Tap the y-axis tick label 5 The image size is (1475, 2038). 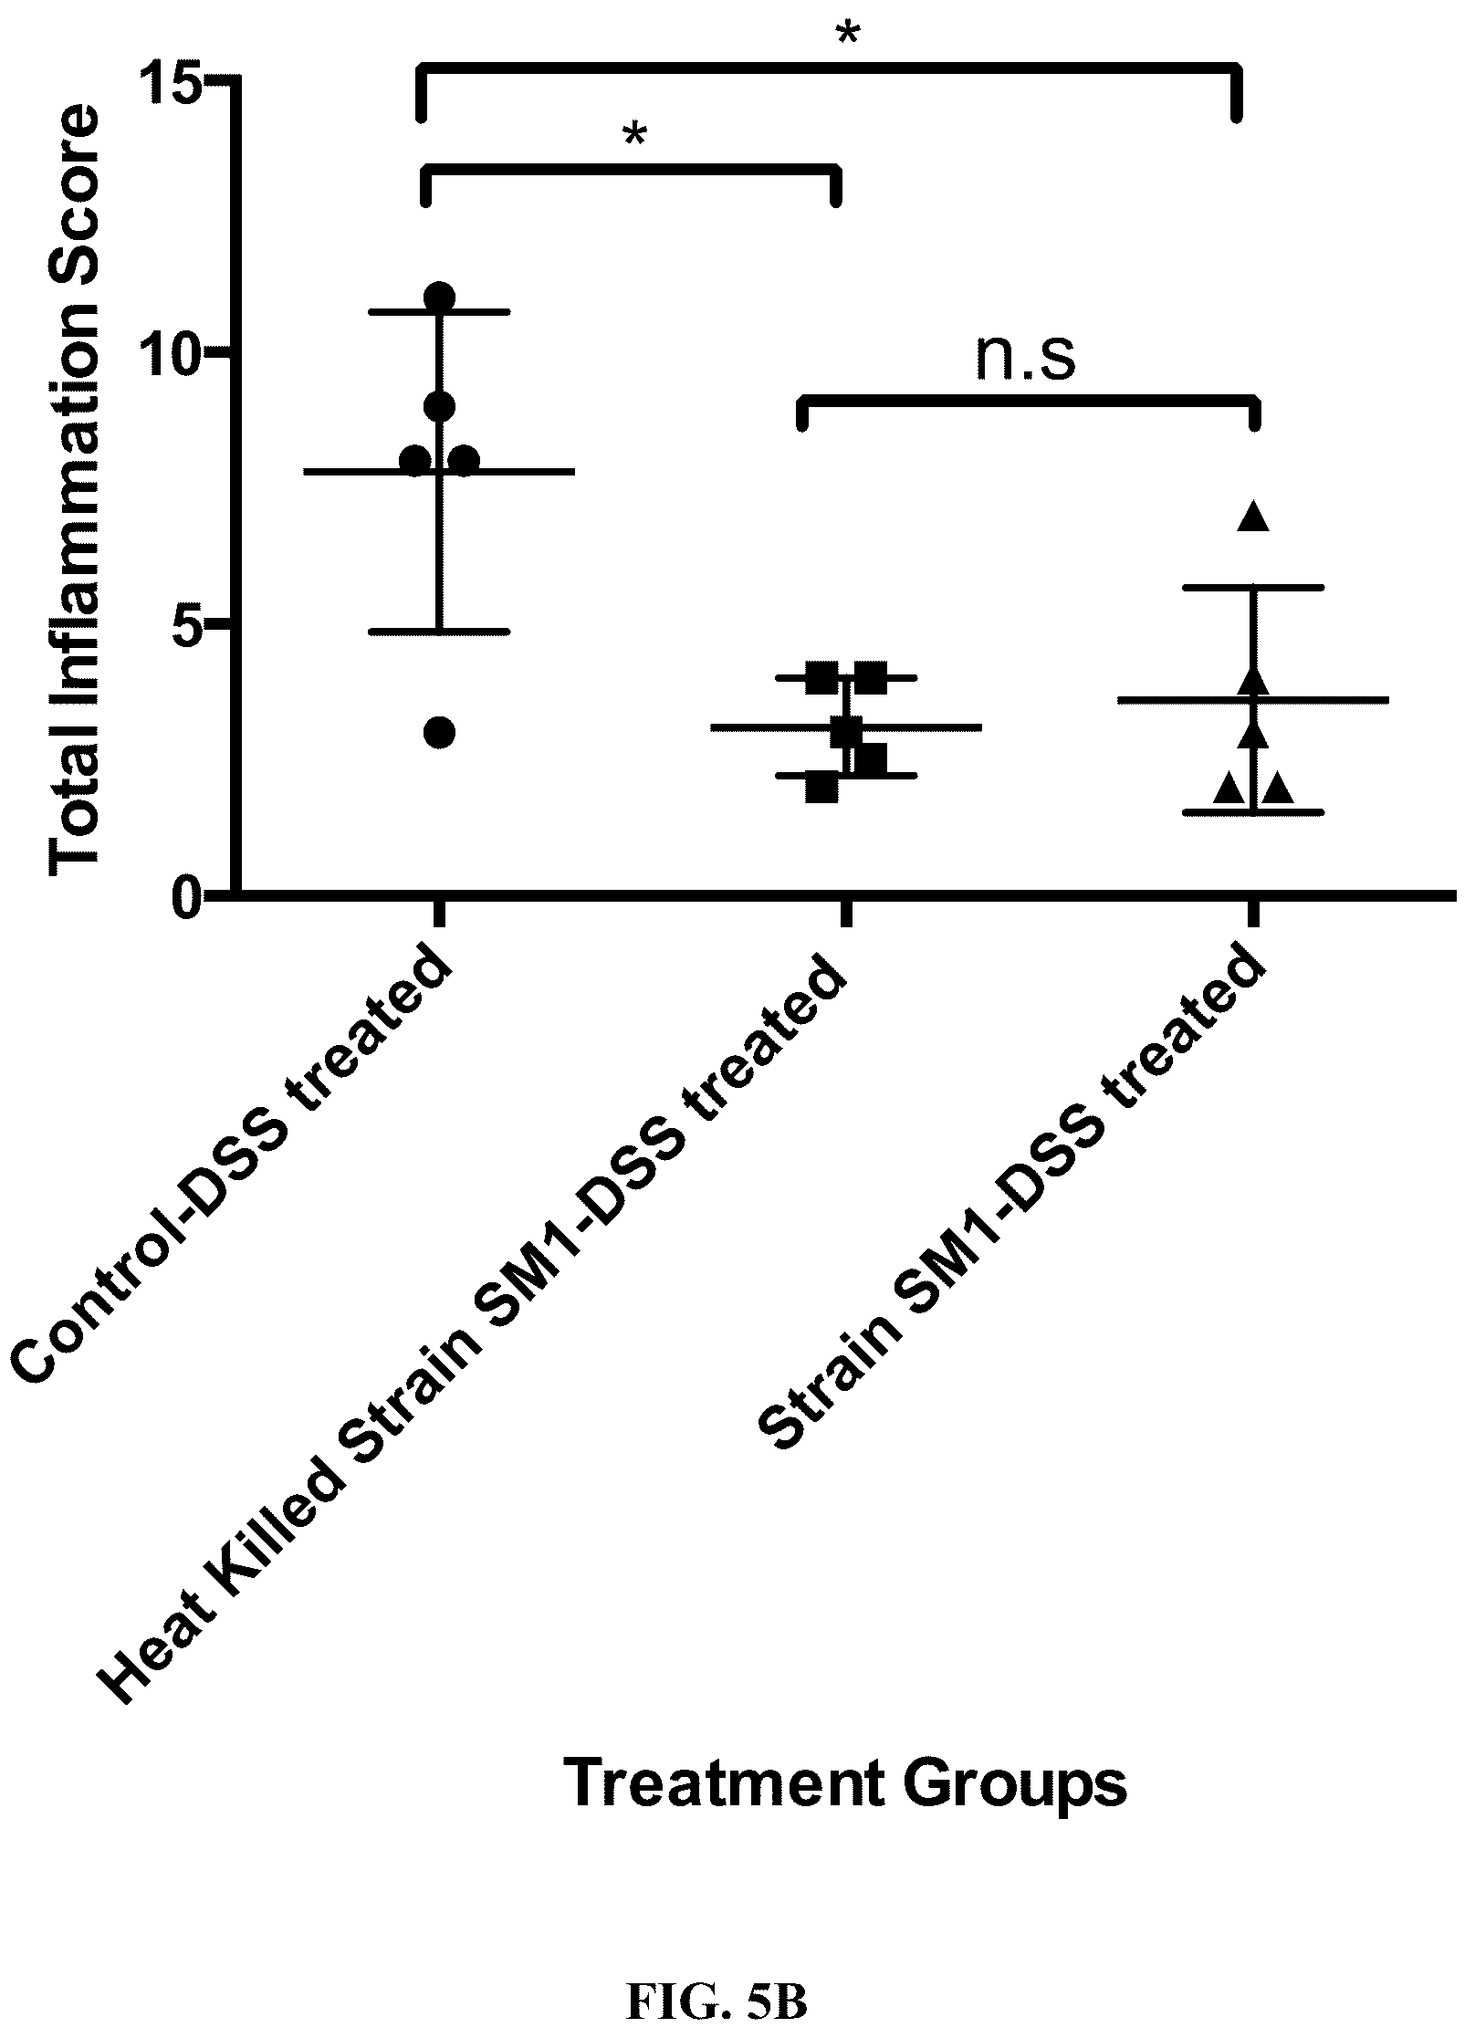187,625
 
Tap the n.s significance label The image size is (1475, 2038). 1026,357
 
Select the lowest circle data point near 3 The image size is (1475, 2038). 440,732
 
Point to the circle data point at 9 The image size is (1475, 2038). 440,406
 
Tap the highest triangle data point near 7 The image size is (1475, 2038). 1253,516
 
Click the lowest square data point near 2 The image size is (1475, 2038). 822,788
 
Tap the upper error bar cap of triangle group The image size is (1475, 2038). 1253,588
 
